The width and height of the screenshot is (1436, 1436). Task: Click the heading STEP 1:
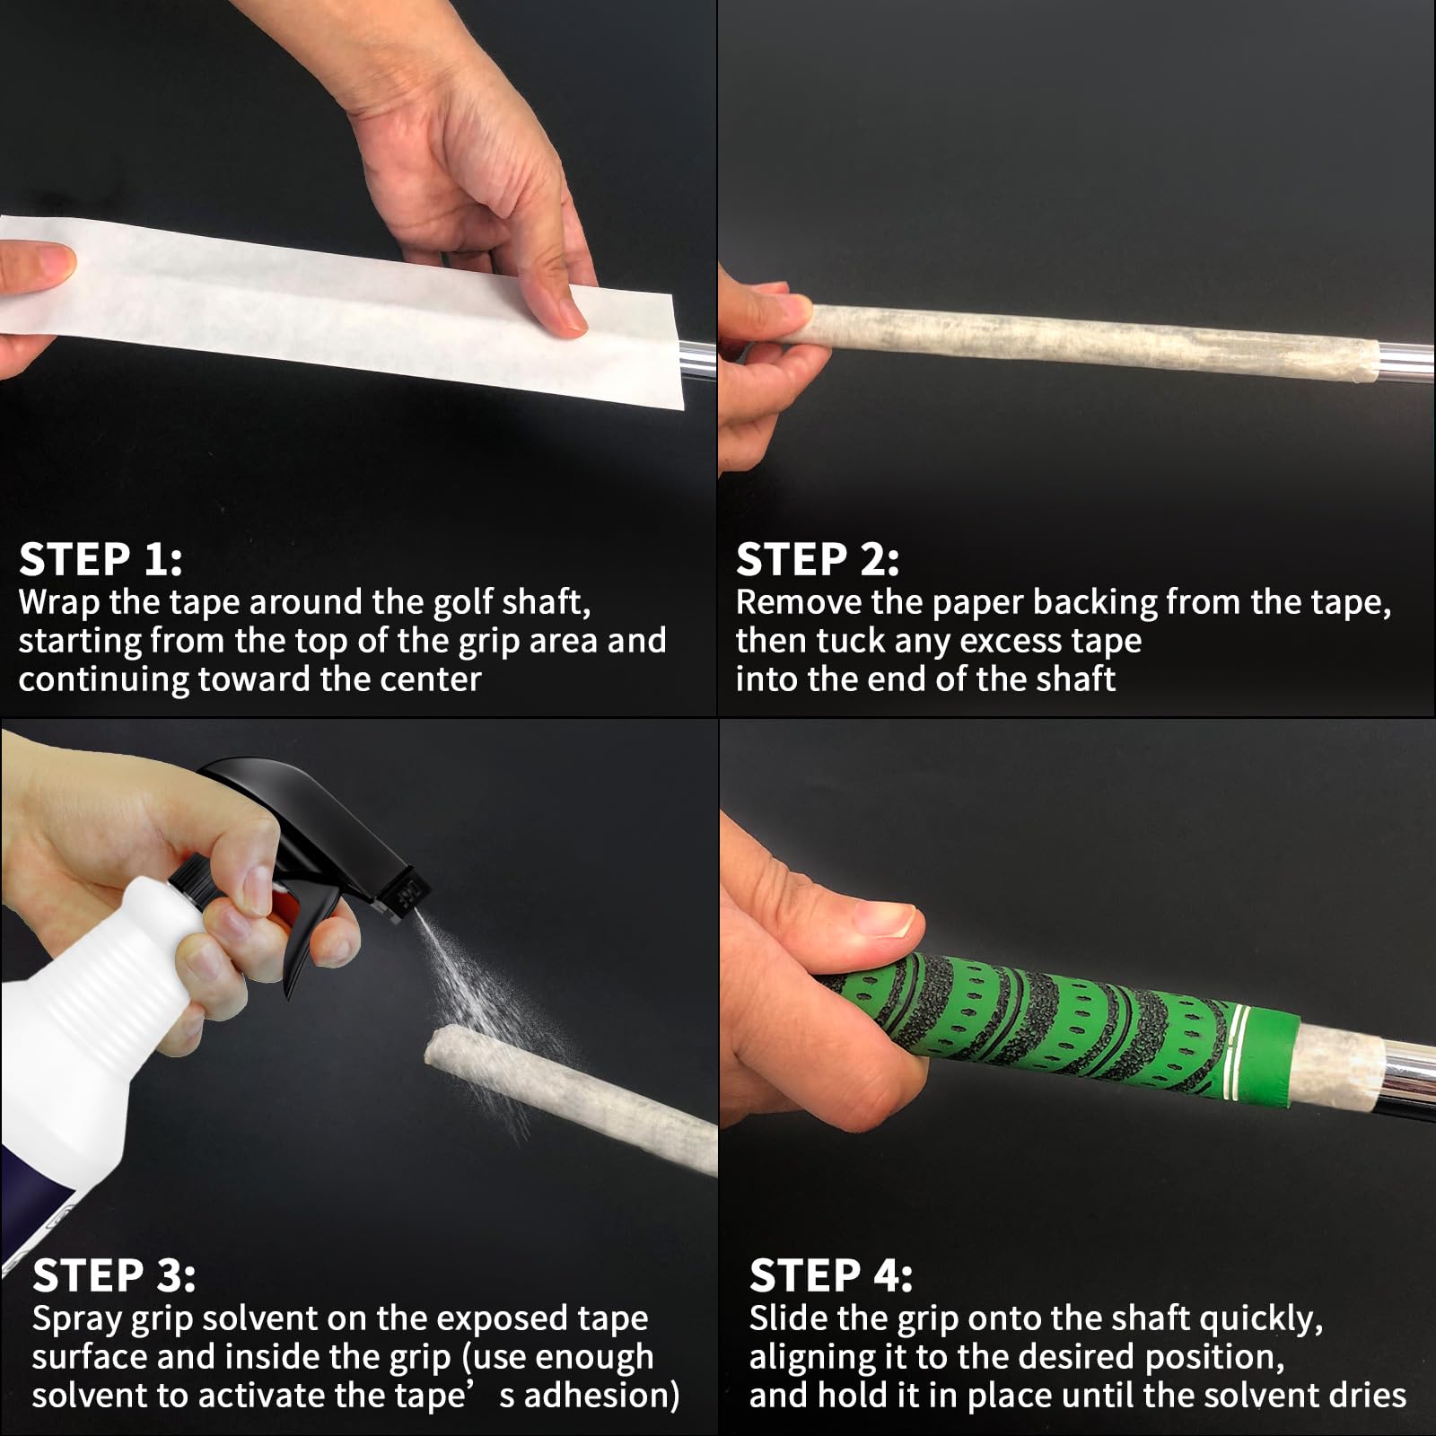click(101, 559)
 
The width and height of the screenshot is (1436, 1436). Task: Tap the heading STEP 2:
click(818, 559)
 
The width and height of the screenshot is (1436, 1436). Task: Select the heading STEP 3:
click(114, 1275)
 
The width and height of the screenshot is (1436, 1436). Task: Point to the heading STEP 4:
click(831, 1275)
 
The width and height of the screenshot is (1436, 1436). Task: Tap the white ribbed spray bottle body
click(108, 1005)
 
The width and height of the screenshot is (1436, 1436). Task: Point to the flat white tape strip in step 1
click(341, 310)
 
